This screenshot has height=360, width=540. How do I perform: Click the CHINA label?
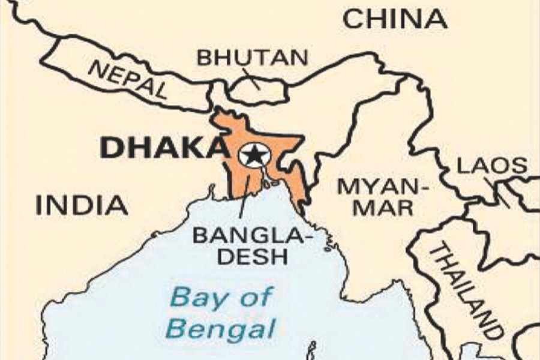pos(395,19)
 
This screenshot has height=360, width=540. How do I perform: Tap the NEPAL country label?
pos(128,79)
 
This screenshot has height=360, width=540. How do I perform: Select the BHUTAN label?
pos(253,58)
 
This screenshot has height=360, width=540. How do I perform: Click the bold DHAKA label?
pos(161,148)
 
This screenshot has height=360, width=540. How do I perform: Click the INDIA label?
pos(82,205)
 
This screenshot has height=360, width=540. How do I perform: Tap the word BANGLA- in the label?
pos(252,235)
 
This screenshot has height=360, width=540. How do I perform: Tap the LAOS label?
pos(492,166)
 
